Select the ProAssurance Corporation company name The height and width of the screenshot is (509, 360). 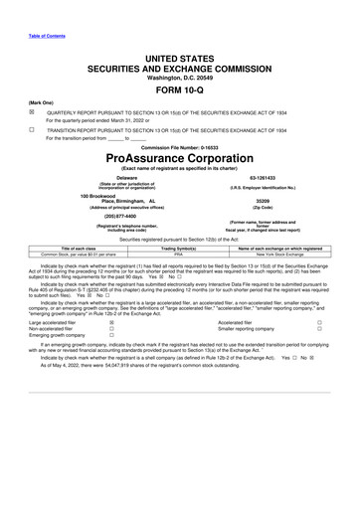[x=179, y=157]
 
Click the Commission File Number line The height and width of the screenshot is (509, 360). [x=179, y=146]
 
